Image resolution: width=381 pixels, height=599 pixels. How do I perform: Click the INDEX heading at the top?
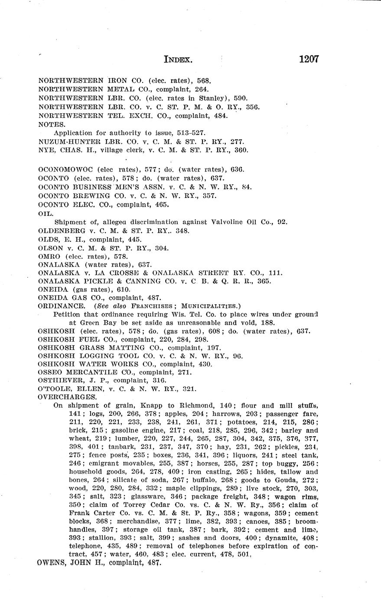pyautogui.click(x=178, y=60)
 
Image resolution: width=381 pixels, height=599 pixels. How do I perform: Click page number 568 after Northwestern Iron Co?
pyautogui.click(x=204, y=80)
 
